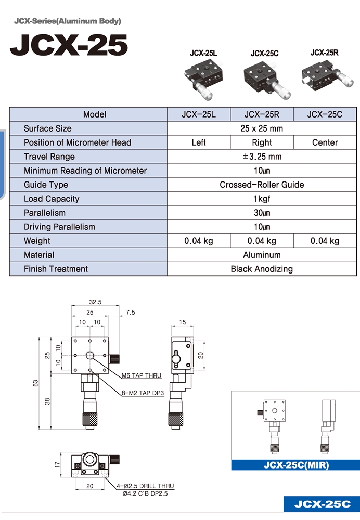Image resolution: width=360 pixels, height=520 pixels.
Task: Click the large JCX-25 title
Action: [x=69, y=45]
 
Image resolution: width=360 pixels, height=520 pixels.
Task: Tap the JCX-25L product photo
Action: [x=203, y=79]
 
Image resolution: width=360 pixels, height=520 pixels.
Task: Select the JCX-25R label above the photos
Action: [x=324, y=53]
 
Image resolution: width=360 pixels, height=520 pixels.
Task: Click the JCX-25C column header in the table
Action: [x=325, y=114]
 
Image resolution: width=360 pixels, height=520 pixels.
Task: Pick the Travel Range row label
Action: [x=49, y=157]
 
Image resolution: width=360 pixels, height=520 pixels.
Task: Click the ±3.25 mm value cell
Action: [x=262, y=157]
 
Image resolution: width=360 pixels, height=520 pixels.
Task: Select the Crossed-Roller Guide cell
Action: [x=262, y=185]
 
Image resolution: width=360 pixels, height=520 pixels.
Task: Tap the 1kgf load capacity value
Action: [x=262, y=199]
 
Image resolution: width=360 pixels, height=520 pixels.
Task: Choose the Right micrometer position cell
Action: [x=262, y=142]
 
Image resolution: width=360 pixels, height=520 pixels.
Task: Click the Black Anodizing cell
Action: [x=262, y=269]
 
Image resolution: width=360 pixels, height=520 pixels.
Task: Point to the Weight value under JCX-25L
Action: [x=198, y=241]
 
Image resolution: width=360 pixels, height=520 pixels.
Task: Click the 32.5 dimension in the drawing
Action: [x=95, y=302]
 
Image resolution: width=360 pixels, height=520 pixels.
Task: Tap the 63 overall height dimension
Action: [x=35, y=383]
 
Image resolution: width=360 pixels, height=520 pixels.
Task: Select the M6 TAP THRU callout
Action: [x=142, y=375]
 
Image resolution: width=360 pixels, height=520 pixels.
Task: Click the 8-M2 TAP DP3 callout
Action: [x=143, y=393]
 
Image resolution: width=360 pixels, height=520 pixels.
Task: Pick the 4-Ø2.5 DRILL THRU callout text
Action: [x=145, y=486]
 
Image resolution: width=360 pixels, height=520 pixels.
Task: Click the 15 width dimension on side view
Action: [x=183, y=322]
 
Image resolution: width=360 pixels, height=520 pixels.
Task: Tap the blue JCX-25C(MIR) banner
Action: [x=295, y=465]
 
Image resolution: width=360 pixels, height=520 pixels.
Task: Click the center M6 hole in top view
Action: [x=90, y=356]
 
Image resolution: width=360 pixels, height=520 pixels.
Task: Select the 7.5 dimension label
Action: [x=131, y=313]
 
